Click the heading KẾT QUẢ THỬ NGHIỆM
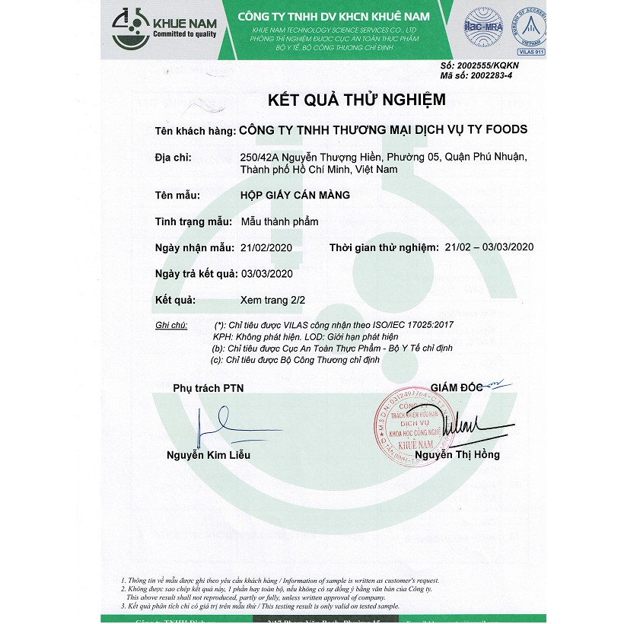[x=356, y=100]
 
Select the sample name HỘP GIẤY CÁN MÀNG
[x=294, y=196]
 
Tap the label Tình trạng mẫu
[x=193, y=221]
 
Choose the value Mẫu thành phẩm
[x=279, y=221]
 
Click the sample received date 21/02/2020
[x=266, y=248]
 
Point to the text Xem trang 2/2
[x=272, y=300]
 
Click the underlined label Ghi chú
[x=170, y=325]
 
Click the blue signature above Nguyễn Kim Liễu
[x=221, y=426]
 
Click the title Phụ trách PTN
[x=208, y=388]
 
